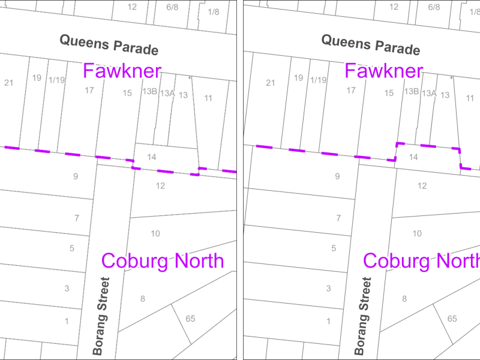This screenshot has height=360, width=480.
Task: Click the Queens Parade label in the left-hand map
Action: pyautogui.click(x=109, y=44)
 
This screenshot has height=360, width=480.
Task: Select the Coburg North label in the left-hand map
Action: pyautogui.click(x=163, y=261)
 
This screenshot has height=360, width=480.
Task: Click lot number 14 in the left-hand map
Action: pyautogui.click(x=151, y=157)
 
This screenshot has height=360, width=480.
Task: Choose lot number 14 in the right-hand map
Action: pyautogui.click(x=413, y=157)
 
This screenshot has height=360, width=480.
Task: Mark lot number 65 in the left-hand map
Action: pyautogui.click(x=190, y=319)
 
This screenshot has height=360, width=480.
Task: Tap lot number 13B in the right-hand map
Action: pyautogui.click(x=411, y=91)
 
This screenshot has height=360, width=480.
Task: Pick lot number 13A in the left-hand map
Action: pyautogui.click(x=167, y=93)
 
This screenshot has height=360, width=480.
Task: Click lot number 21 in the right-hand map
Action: pyautogui.click(x=270, y=83)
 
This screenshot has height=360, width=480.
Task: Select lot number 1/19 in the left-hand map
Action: pyautogui.click(x=57, y=80)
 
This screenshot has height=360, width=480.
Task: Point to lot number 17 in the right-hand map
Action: pyautogui.click(x=351, y=91)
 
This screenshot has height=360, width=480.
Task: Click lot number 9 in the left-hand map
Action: pyautogui.click(x=76, y=176)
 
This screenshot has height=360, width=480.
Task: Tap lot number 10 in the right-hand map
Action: pyautogui.click(x=417, y=233)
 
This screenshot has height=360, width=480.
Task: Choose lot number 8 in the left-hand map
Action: pyautogui.click(x=143, y=298)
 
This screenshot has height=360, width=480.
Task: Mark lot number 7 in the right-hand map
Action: pyautogui.click(x=338, y=218)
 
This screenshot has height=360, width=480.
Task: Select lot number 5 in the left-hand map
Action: pyautogui.click(x=72, y=248)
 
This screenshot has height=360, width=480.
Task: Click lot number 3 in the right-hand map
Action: pyautogui.click(x=328, y=289)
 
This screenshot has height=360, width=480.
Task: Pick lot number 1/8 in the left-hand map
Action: pyautogui.click(x=214, y=12)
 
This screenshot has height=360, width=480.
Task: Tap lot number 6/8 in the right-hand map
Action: pyautogui.click(x=434, y=7)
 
